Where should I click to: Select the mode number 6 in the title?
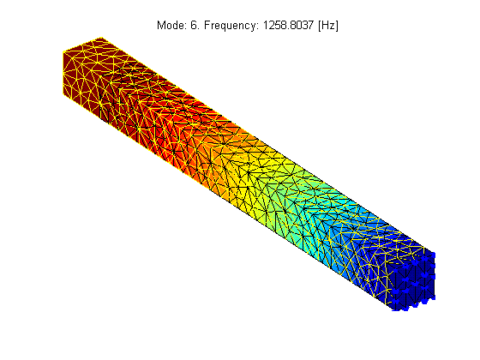[195, 25]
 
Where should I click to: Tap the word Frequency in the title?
[231, 26]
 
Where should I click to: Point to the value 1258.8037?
[288, 25]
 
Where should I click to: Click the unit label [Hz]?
[328, 25]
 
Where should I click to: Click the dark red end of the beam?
[82, 74]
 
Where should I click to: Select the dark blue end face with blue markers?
[411, 282]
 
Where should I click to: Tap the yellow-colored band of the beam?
[245, 171]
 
